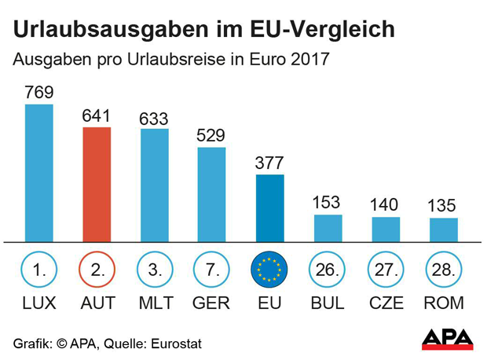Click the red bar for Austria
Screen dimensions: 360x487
coord(97,185)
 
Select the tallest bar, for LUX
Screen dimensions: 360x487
coord(39,173)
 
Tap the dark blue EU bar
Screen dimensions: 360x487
coord(270,208)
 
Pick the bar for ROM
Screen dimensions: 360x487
coord(444,230)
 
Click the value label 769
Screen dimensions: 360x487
coord(39,93)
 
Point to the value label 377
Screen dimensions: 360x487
coord(270,163)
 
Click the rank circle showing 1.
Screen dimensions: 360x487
coord(39,270)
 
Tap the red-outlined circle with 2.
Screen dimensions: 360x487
coord(97,270)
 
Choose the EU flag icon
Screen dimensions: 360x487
coord(270,270)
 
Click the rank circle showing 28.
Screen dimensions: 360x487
coord(444,270)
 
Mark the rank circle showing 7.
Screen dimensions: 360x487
coord(212,270)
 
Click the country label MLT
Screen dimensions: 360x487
coord(155,303)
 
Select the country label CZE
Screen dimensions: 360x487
coord(386,303)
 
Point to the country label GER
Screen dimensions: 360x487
coord(212,303)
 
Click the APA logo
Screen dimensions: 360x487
coord(448,338)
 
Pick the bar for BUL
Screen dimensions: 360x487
coord(328,228)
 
